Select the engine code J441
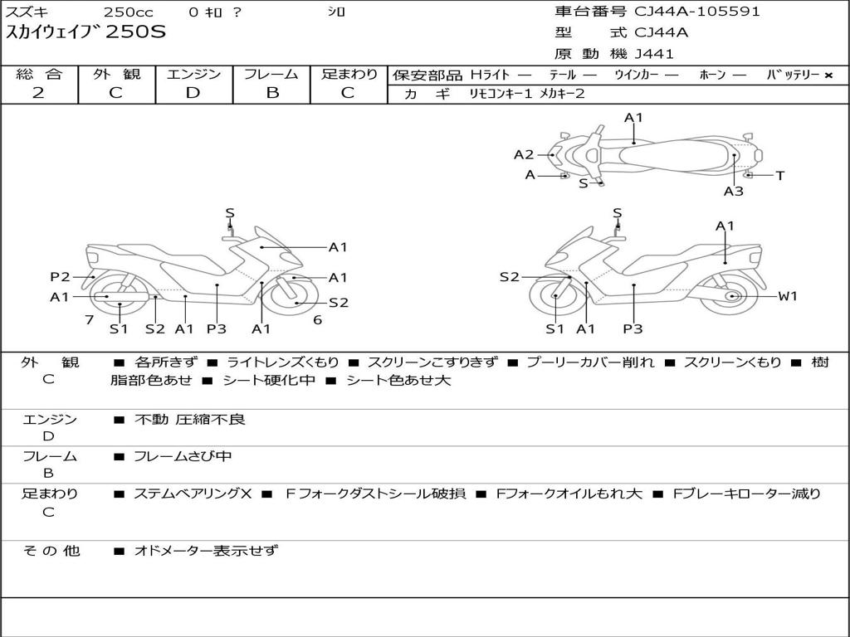[x=654, y=54]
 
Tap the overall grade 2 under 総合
[x=38, y=93]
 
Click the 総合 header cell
[x=38, y=75]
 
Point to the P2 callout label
[x=60, y=277]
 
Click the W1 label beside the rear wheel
[x=787, y=296]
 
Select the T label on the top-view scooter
[x=779, y=176]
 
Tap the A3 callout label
[x=733, y=192]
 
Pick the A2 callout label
[x=523, y=154]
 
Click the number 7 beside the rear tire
[x=89, y=319]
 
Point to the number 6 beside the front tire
[x=317, y=319]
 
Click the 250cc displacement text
[x=128, y=12]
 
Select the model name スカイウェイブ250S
[x=85, y=33]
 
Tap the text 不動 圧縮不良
[x=190, y=420]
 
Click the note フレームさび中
[x=183, y=456]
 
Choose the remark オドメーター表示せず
[x=206, y=551]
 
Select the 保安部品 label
[x=427, y=75]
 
